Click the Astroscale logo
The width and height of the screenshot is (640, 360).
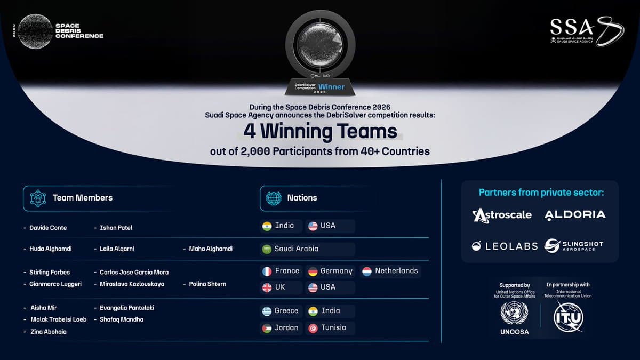pos(502,215)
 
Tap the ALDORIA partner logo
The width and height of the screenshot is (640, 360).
pos(575,215)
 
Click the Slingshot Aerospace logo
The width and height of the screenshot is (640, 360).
pos(573,246)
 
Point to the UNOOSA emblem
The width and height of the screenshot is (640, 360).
pos(514,313)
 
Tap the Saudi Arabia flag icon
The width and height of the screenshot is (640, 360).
pos(267,249)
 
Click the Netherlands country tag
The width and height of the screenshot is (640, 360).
pos(390,271)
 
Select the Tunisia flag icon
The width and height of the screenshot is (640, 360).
pos(313,328)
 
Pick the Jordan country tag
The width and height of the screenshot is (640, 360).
pos(281,327)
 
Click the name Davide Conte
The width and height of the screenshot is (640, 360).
pos(48,228)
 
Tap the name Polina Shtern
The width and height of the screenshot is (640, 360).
pos(207,284)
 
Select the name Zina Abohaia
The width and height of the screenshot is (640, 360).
pos(48,332)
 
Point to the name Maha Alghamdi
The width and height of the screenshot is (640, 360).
pos(211,249)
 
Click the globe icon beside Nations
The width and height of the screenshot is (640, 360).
pos(274,198)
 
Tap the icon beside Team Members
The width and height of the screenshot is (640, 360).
pos(38,198)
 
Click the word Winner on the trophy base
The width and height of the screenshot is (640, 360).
pos(331,87)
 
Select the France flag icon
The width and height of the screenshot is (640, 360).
pos(267,271)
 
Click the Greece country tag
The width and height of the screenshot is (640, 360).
pos(281,310)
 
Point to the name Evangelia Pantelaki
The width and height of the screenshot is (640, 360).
pos(127,308)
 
